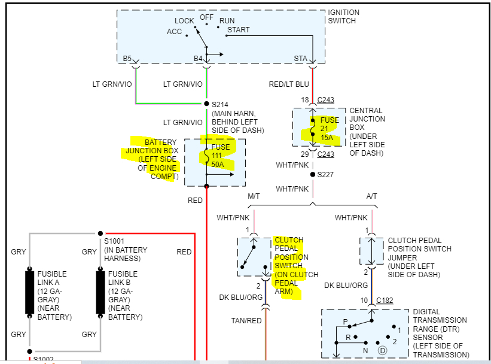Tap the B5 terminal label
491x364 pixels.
click(x=127, y=59)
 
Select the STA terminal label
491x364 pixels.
click(x=300, y=59)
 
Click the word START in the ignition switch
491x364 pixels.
click(x=239, y=30)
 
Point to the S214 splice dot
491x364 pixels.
click(x=206, y=104)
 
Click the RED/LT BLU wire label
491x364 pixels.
click(x=289, y=84)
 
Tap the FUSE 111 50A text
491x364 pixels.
click(x=220, y=156)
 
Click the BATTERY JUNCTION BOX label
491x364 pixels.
click(x=152, y=159)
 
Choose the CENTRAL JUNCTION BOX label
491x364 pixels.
click(x=367, y=132)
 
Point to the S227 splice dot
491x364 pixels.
click(x=312, y=175)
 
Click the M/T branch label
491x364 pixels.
click(x=254, y=196)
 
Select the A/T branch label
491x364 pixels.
click(x=373, y=196)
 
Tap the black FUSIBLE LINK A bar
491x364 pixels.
click(x=29, y=292)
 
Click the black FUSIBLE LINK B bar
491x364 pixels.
click(x=100, y=292)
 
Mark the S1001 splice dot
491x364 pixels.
click(x=100, y=233)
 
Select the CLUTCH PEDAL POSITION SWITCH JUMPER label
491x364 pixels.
click(x=419, y=257)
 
